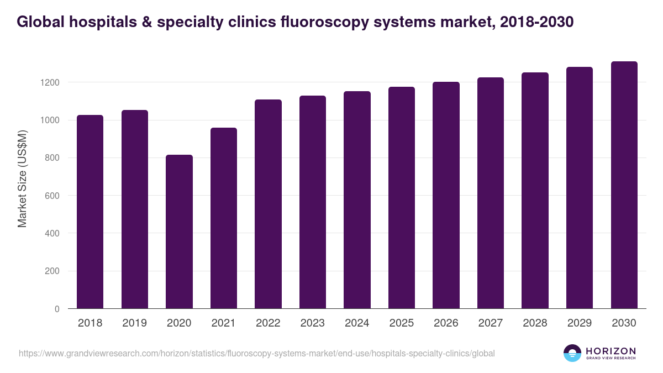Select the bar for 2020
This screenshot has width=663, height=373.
click(x=179, y=232)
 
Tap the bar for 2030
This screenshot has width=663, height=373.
click(x=624, y=185)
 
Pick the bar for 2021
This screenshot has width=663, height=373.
click(x=224, y=218)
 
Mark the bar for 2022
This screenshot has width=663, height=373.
click(x=268, y=204)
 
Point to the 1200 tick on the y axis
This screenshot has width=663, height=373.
click(x=52, y=82)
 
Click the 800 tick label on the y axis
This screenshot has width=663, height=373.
click(x=52, y=158)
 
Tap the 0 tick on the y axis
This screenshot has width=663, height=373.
click(x=57, y=309)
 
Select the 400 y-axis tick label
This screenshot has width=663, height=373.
click(x=52, y=233)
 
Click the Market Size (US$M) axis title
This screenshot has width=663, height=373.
click(x=22, y=179)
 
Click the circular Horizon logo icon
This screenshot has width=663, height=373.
click(x=572, y=353)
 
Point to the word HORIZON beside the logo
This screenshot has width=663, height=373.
click(x=611, y=350)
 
